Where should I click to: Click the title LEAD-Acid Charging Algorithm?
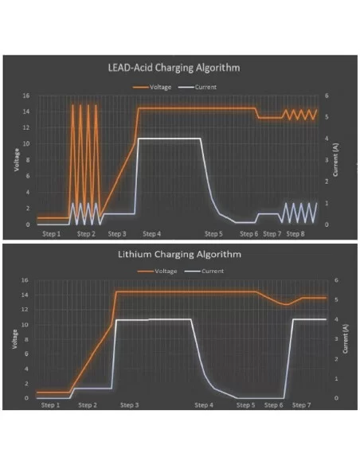(x=173, y=68)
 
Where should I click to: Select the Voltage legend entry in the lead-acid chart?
(x=158, y=87)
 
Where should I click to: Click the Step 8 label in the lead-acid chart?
(x=295, y=234)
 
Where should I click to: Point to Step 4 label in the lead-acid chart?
(x=151, y=234)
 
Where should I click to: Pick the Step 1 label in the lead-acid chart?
(x=52, y=234)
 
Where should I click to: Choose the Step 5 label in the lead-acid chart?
(x=213, y=234)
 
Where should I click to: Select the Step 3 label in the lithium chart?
(x=129, y=405)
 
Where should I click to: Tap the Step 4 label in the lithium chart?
(x=204, y=405)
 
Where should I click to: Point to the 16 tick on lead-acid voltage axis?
(x=26, y=96)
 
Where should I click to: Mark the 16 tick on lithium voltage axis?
(x=25, y=280)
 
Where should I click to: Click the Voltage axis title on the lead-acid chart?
(x=16, y=162)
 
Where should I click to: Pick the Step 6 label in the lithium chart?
(x=272, y=405)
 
